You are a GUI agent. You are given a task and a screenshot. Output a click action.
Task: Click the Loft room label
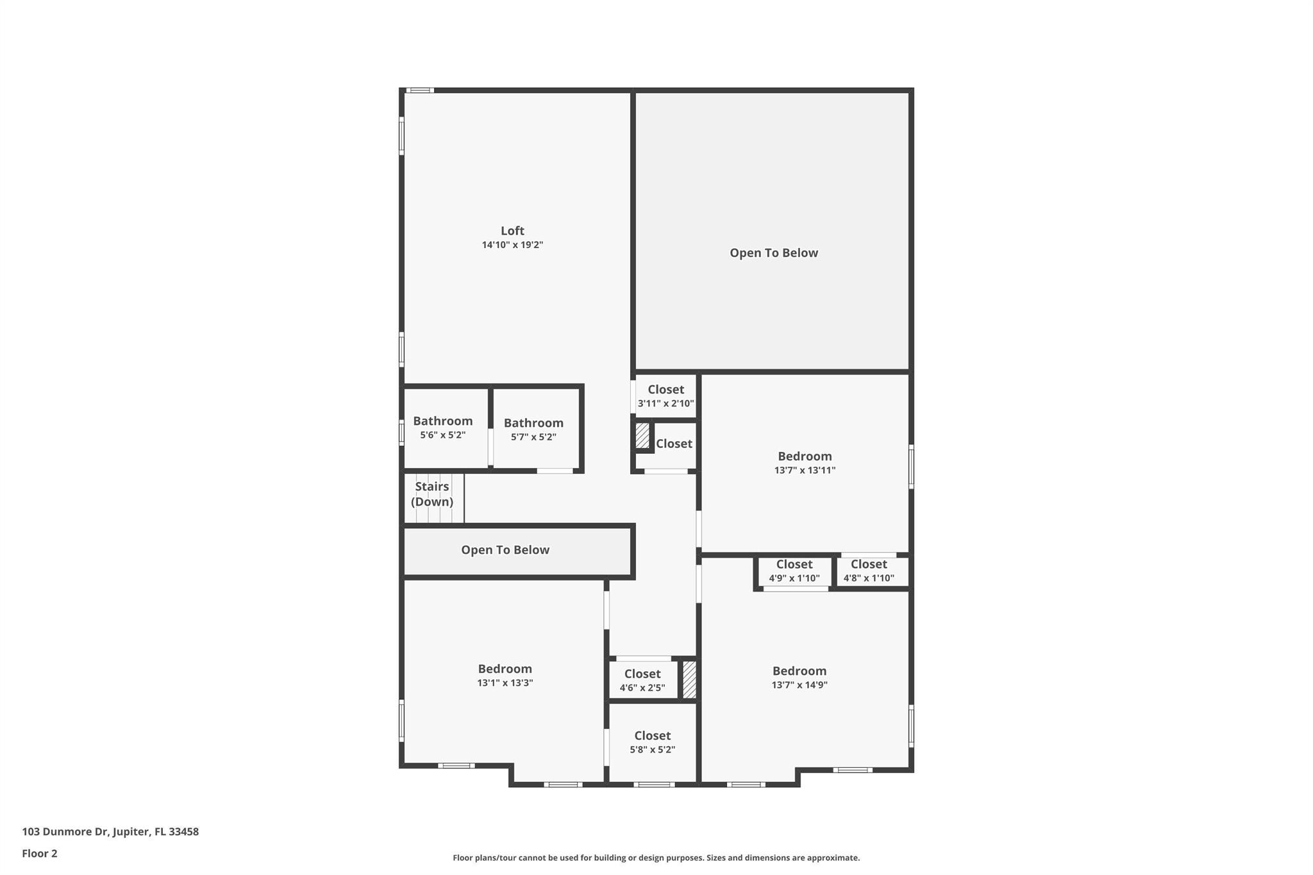[512, 231]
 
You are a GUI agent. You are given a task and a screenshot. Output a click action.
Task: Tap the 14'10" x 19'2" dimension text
[512, 245]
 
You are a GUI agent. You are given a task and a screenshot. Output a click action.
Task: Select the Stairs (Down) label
[432, 494]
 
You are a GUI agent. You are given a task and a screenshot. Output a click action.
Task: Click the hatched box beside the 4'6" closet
[689, 679]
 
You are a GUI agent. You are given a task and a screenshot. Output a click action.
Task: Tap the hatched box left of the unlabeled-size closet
[642, 436]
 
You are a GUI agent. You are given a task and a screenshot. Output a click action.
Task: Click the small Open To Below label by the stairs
[505, 550]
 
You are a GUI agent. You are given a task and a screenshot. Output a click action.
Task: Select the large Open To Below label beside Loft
[774, 253]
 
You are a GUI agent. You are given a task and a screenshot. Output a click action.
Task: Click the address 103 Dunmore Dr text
[110, 831]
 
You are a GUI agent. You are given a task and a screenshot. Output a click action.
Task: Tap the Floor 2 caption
[40, 853]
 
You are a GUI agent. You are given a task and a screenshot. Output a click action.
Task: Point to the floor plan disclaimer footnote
[656, 858]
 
